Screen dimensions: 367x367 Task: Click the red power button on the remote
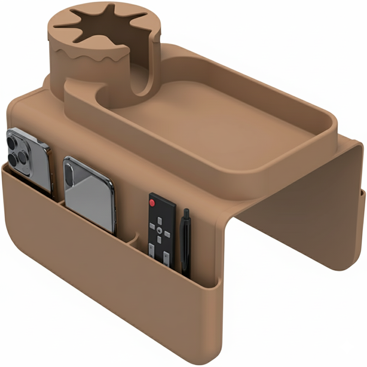[152, 202]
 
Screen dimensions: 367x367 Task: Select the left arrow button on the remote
[152, 226]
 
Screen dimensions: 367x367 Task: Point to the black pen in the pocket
[185, 244]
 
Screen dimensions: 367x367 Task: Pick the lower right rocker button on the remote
[166, 257]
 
